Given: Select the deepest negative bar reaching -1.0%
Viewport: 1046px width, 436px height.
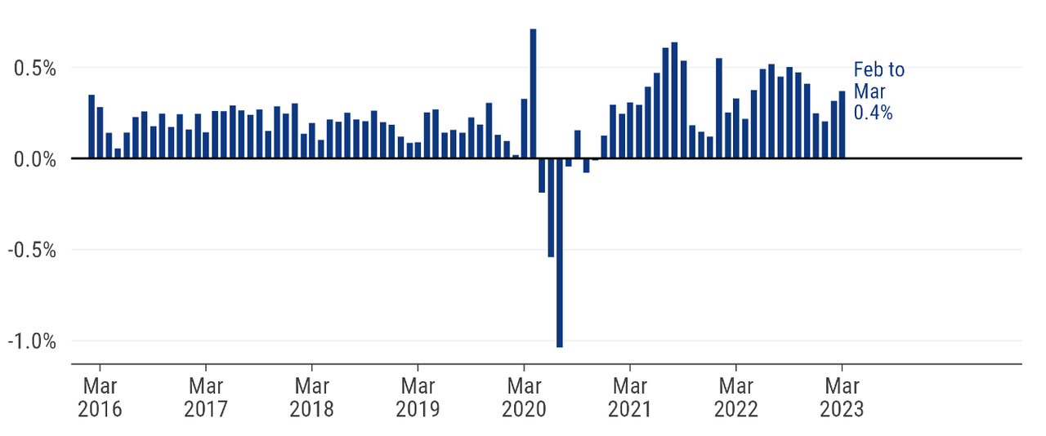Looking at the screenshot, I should pos(560,252).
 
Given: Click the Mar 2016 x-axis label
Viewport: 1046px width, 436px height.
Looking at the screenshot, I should pos(100,396).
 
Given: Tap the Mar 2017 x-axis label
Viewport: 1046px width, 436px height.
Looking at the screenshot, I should pos(206,396).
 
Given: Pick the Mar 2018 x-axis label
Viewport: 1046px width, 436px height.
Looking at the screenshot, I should pos(311,396).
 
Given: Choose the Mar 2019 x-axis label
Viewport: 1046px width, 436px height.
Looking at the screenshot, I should pos(418,396).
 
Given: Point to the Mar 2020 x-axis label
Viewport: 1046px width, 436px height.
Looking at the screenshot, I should pos(524,396).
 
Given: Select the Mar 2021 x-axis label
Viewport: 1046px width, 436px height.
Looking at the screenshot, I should pos(630,396).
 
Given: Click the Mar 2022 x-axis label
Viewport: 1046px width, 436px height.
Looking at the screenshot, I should pos(736,396).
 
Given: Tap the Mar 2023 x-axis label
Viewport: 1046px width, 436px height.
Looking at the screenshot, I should pos(842,396).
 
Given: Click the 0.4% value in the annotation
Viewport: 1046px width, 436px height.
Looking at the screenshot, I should pos(873,113).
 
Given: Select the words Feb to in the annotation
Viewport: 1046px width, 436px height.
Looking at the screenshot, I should pos(879,70).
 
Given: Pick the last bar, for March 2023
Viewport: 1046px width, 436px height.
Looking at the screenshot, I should pos(842,125).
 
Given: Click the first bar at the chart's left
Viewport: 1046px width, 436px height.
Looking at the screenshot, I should pos(92,127).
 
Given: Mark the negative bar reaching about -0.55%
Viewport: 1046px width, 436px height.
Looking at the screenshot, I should pos(551,207).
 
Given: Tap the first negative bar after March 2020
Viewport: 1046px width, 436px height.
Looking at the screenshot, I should pos(542,175).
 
